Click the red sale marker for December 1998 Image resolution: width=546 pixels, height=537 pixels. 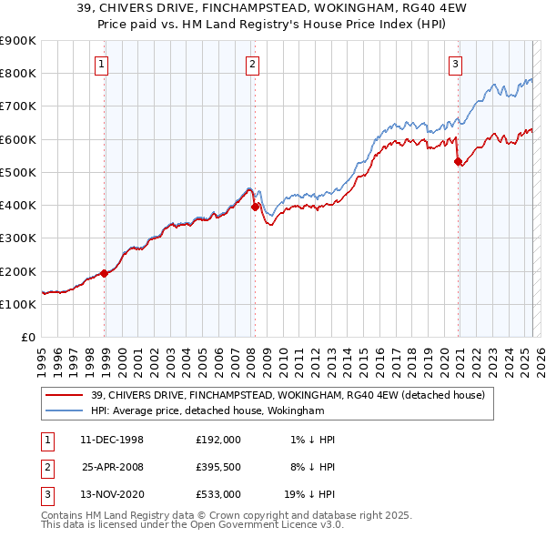(x=105, y=272)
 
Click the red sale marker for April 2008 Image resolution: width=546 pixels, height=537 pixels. (x=255, y=207)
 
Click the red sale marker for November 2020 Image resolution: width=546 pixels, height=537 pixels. (x=458, y=161)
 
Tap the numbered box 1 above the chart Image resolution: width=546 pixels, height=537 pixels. (x=101, y=64)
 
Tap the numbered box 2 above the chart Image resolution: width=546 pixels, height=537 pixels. (x=251, y=64)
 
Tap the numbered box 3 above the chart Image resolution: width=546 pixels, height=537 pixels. (x=455, y=64)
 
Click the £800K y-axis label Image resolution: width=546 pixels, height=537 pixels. (x=18, y=73)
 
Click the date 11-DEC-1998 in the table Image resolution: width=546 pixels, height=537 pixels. (x=112, y=439)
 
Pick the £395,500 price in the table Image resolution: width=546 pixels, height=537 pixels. (x=217, y=466)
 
